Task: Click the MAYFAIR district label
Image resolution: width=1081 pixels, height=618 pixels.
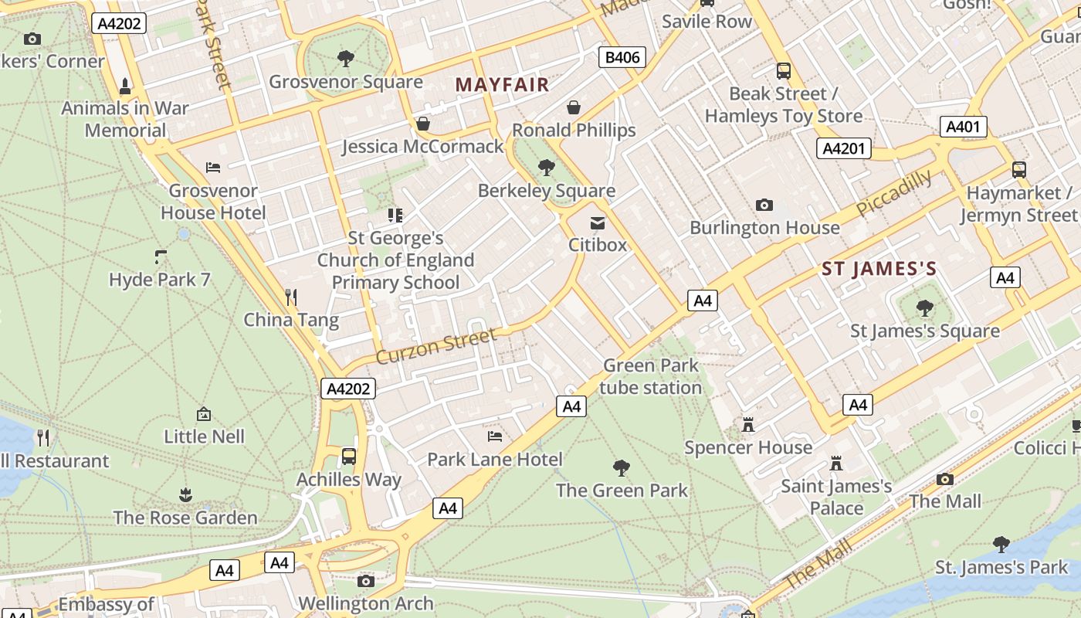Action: (502, 84)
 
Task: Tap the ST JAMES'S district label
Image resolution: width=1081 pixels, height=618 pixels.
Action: (879, 269)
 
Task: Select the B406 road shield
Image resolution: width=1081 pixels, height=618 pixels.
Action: (622, 57)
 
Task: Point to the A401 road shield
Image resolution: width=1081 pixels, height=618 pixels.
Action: (963, 127)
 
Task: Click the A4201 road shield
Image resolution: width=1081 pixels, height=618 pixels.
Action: (844, 148)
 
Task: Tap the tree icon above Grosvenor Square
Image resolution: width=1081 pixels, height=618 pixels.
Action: (346, 58)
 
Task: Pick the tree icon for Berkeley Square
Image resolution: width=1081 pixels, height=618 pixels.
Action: (547, 167)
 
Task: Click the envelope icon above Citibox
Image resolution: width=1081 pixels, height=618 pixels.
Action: (597, 223)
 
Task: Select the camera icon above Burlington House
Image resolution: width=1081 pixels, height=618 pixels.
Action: (764, 205)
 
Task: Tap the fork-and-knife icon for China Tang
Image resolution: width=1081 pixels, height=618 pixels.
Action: (291, 297)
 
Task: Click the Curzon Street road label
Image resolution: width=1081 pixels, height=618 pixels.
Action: (436, 345)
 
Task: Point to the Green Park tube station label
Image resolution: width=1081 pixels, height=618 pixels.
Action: (650, 376)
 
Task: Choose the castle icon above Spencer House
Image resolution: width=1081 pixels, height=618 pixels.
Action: (747, 424)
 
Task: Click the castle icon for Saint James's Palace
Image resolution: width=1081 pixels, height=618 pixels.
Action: (835, 463)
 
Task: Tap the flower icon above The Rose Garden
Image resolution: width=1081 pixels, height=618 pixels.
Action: (185, 494)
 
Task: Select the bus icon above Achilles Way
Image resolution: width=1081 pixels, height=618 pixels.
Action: (349, 456)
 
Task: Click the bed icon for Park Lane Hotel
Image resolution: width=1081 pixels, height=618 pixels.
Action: (495, 436)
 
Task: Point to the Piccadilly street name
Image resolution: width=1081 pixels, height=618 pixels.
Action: (893, 193)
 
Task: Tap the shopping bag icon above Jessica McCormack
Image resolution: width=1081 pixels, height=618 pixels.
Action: (423, 124)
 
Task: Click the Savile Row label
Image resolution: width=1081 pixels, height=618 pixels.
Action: (707, 21)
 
